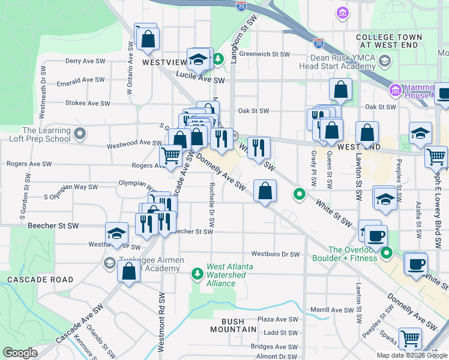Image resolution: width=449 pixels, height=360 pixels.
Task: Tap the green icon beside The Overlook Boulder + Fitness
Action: point(387,254)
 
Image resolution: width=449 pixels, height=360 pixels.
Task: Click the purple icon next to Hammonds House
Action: point(395,91)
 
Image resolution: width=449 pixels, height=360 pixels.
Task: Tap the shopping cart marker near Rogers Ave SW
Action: point(171,157)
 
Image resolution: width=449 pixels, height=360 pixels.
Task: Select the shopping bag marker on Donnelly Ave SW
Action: point(265,191)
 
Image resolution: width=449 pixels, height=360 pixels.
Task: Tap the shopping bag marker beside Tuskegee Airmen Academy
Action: point(129,271)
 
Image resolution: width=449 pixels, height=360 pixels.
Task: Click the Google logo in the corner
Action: point(20,353)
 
